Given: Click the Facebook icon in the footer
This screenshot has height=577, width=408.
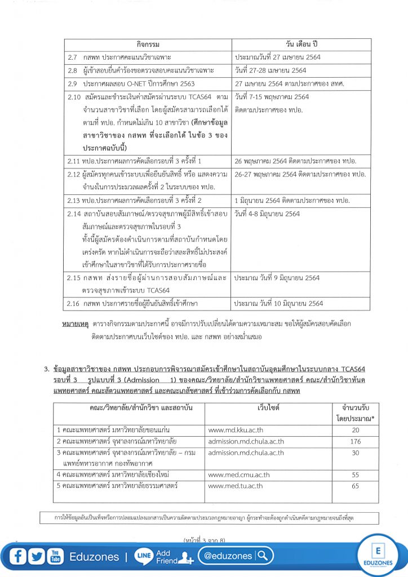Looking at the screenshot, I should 19,557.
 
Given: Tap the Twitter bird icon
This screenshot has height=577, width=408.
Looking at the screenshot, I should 37,557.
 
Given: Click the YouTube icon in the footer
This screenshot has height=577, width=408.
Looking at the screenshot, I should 55,557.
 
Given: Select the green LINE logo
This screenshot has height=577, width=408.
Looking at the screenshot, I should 144,557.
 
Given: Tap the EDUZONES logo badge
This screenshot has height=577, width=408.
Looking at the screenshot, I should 378,556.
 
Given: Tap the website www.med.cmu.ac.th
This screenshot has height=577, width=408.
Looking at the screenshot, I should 238,475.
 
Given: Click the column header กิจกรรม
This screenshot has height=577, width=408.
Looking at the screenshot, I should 148,45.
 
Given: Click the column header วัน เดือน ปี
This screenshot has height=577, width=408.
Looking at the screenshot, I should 301,45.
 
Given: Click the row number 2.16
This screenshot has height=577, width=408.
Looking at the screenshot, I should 74,303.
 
